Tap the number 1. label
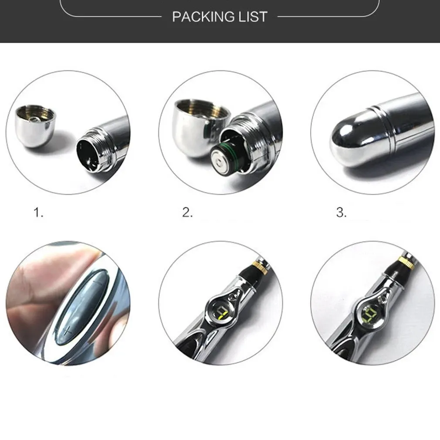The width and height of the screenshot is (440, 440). tap(38, 213)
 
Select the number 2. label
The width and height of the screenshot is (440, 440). tap(187, 213)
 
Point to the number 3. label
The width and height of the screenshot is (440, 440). tap(341, 213)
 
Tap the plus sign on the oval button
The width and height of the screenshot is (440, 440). tap(67, 332)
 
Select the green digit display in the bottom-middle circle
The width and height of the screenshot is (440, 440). tap(222, 313)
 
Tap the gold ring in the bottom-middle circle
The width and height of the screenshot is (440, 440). tap(260, 267)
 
